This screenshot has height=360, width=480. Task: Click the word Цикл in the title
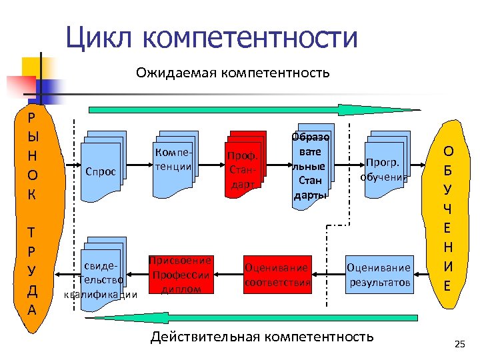pos(100,38)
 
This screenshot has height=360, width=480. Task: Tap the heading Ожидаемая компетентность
pos(233,72)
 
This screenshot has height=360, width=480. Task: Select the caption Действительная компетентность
pos(262,337)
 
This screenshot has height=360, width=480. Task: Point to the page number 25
pos(458,344)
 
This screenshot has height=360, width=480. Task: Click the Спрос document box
pos(101,166)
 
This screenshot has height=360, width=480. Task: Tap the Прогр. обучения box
pos(383,167)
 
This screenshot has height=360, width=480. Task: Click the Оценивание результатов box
pos(379,274)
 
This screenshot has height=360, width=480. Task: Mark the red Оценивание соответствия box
pos(278,274)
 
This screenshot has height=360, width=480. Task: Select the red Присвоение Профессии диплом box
pos(181,274)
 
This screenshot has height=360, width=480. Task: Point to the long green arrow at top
pos(253,110)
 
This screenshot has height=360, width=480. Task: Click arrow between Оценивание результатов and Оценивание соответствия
pos(328,274)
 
